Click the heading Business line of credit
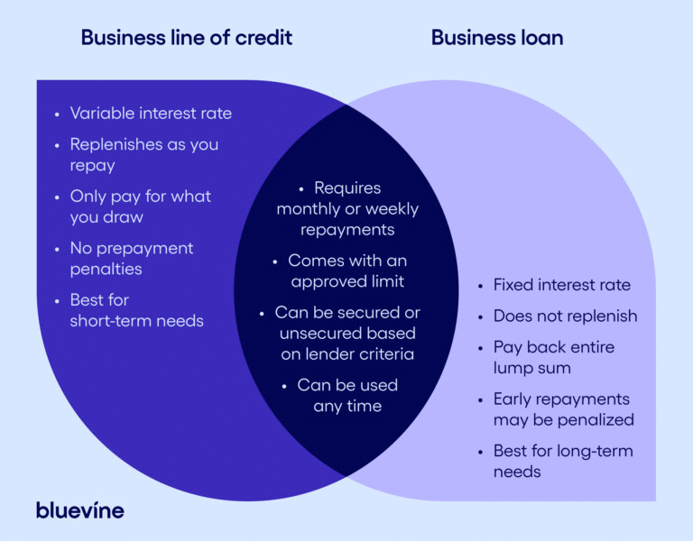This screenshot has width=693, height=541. click(187, 38)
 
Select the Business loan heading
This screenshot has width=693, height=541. click(497, 38)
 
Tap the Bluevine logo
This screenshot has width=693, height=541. click(79, 509)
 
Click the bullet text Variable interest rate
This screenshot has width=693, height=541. click(151, 114)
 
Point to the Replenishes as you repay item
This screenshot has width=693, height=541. click(143, 155)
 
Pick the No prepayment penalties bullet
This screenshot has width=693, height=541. click(132, 259)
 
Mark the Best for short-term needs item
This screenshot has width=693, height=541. click(136, 310)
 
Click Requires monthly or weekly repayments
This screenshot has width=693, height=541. click(347, 208)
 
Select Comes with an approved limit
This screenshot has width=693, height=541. click(347, 271)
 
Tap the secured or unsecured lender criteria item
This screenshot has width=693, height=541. click(347, 333)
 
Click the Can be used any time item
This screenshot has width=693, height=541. click(347, 395)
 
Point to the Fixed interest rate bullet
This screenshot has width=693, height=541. click(561, 285)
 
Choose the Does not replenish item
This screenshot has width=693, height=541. click(565, 316)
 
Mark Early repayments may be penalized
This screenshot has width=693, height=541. click(563, 408)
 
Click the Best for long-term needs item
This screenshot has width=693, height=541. click(563, 461)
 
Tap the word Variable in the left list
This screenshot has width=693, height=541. click(98, 114)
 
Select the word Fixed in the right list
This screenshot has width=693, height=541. click(511, 285)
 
